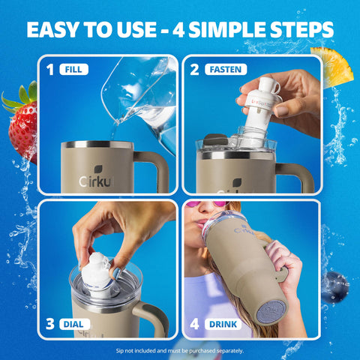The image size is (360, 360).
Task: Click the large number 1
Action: pyautogui.click(x=50, y=70)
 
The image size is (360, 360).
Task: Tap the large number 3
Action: pyautogui.click(x=50, y=324)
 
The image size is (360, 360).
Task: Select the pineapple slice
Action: pyautogui.click(x=333, y=66)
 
